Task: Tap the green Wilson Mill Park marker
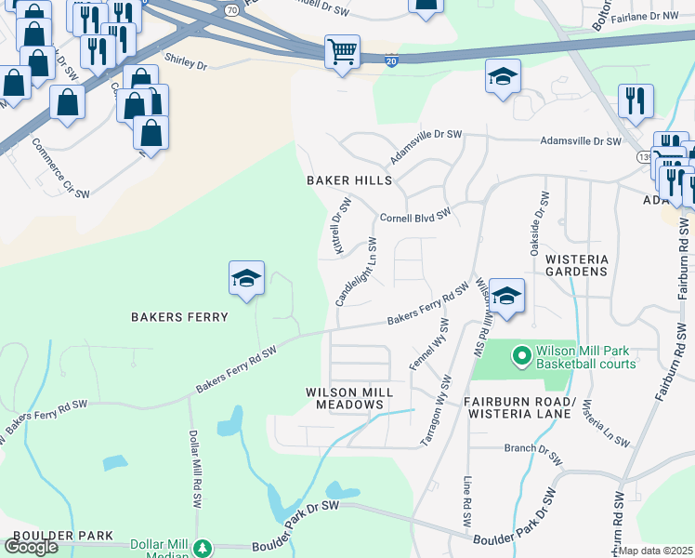coord(521,356)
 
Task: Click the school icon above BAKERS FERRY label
coord(247,278)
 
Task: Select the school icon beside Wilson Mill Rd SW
coord(506,296)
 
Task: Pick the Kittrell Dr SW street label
coord(341,227)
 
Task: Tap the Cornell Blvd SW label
coord(415,216)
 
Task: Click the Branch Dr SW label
coord(533,454)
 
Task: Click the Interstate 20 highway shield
coord(389,60)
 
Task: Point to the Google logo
coord(31,546)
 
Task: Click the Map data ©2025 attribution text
coord(656,551)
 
